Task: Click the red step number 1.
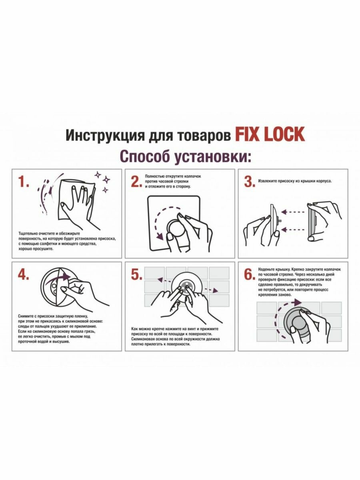[23, 182]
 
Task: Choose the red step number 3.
[249, 182]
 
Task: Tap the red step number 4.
[23, 274]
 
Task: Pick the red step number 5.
[136, 274]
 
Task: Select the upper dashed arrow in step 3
[293, 212]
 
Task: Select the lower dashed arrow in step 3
[293, 229]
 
